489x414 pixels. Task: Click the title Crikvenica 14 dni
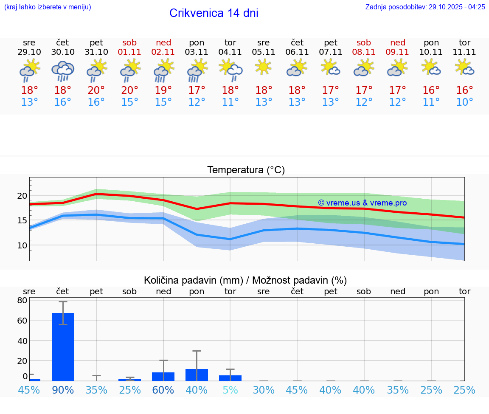tap(214, 13)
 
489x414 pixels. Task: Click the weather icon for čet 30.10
tap(63, 70)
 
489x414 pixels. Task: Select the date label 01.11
tap(130, 52)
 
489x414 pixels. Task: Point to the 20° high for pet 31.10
tap(96, 90)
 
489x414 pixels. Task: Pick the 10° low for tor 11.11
tap(464, 102)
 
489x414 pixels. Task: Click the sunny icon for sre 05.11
tap(263, 67)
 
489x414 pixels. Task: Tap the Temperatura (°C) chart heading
tap(246, 170)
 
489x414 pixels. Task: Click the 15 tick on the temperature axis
tap(22, 220)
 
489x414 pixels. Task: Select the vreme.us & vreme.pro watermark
tap(362, 203)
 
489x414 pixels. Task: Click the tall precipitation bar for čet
tap(63, 346)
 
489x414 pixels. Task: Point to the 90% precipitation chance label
tap(63, 390)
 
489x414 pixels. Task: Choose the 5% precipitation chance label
tap(230, 390)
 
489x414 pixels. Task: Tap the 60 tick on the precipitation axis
tap(22, 321)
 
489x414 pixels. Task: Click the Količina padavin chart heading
tap(245, 280)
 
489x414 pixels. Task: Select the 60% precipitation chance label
tap(163, 390)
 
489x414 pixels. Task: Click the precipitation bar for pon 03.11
tap(197, 375)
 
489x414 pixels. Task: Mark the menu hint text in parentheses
tap(48, 7)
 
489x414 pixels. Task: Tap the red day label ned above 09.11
tap(398, 42)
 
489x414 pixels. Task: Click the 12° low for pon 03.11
tap(197, 102)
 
